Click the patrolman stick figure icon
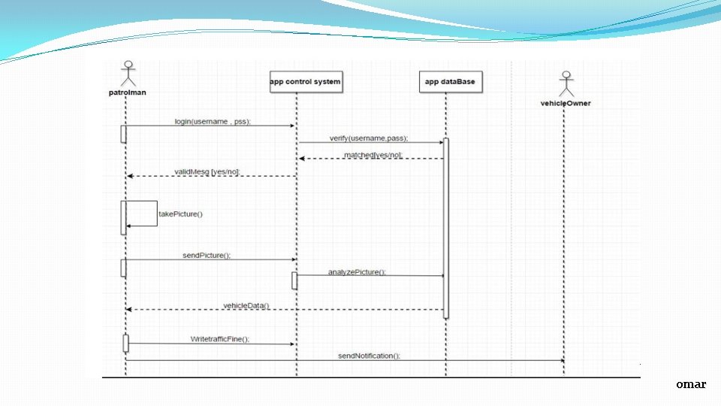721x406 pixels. (128, 74)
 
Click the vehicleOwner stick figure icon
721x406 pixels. (566, 84)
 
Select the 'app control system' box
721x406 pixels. (306, 82)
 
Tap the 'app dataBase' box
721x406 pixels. (451, 82)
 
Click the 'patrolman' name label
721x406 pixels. (126, 92)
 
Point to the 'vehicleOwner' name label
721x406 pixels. (566, 103)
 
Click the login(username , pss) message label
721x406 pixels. (213, 121)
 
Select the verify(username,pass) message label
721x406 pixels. (369, 138)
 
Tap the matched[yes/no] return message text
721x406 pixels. (373, 155)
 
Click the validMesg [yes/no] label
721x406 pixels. (207, 172)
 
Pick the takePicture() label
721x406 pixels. (180, 214)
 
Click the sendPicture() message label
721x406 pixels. (207, 256)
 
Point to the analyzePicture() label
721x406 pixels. (357, 272)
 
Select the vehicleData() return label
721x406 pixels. (246, 306)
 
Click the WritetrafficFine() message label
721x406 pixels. (219, 339)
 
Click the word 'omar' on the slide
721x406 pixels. (690, 384)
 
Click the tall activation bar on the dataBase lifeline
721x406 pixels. (445, 226)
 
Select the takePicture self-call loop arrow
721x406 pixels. (143, 213)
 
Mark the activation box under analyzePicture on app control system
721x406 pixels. (294, 280)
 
